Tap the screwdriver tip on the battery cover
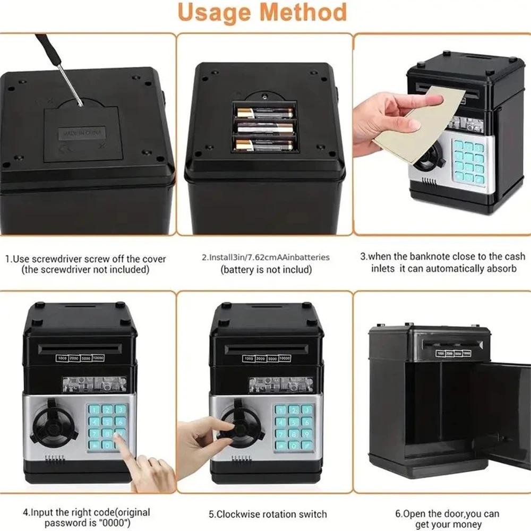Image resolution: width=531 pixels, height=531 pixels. click(81, 104)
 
